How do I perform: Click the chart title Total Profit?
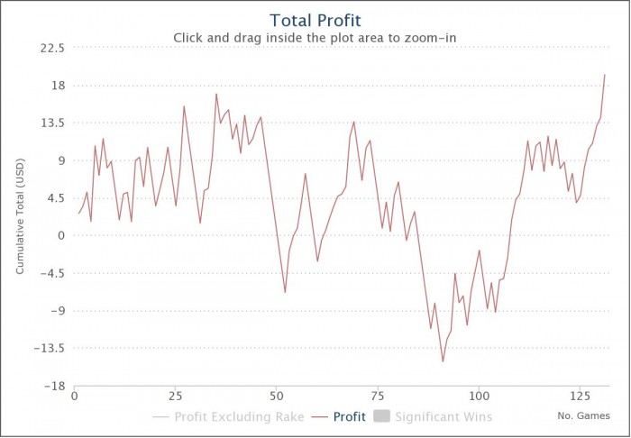(x=315, y=19)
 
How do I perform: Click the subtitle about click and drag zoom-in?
(x=315, y=38)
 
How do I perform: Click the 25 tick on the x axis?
(x=175, y=397)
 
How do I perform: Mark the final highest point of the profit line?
(x=605, y=75)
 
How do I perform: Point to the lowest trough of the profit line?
(x=443, y=361)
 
